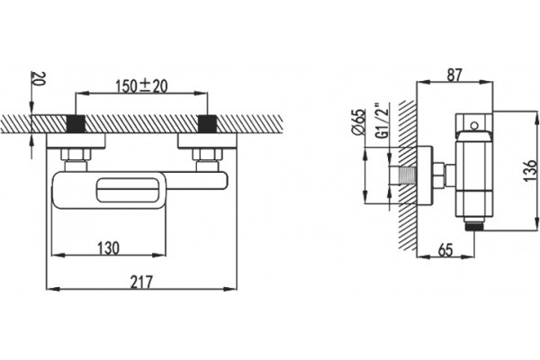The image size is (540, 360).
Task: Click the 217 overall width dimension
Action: (141, 282)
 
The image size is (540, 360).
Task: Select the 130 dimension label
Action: (108, 248)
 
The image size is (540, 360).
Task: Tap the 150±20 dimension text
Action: (141, 85)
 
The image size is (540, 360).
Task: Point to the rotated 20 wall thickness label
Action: (38, 79)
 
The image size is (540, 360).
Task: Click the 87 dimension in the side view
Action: (454, 75)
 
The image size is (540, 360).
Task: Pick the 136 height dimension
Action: (531, 170)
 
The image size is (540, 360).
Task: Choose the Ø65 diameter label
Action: (358, 122)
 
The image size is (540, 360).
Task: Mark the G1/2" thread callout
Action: (382, 121)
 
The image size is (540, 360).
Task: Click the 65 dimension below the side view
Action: (445, 249)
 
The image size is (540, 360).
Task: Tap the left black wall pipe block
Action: (76, 124)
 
